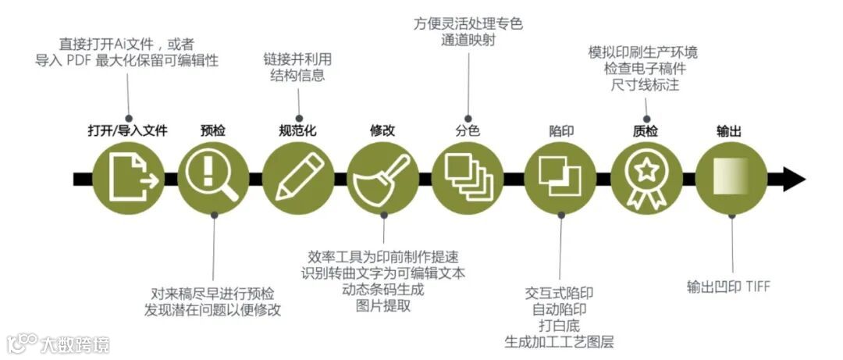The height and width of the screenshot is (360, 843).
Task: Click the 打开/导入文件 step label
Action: pyautogui.click(x=127, y=131)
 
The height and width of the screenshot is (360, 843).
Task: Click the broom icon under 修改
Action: pyautogui.click(x=382, y=180)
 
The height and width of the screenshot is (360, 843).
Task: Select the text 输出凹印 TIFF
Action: pyautogui.click(x=728, y=287)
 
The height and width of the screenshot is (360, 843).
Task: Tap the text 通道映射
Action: pyautogui.click(x=468, y=41)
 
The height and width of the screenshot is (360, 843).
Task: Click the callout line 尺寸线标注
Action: pyautogui.click(x=645, y=84)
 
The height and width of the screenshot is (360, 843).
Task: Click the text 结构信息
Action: pyautogui.click(x=297, y=76)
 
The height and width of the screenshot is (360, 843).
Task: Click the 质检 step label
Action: pyautogui.click(x=645, y=131)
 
